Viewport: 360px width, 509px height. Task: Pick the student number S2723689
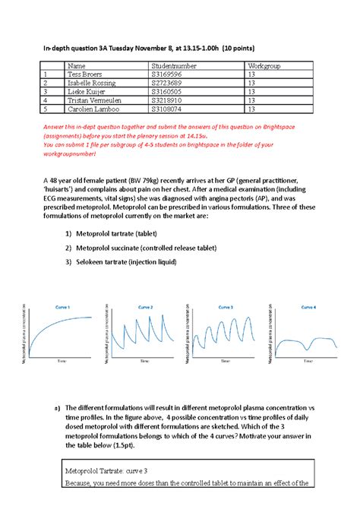[171, 83]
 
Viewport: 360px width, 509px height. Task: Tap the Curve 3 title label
[226, 306]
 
